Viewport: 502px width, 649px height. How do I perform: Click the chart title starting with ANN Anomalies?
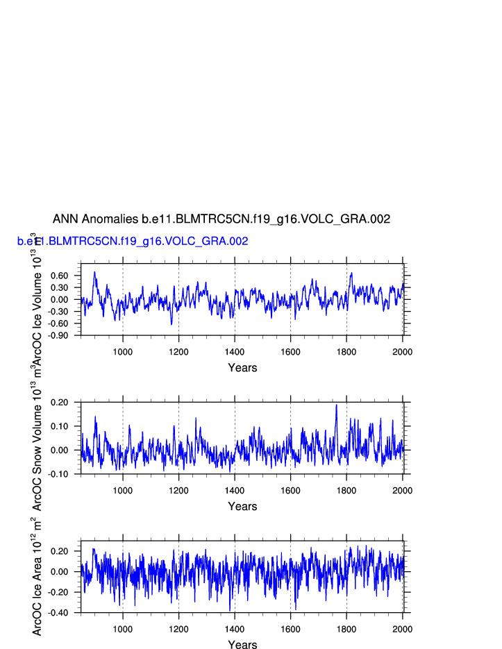221,219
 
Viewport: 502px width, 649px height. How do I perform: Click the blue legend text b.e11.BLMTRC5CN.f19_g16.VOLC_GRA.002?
133,242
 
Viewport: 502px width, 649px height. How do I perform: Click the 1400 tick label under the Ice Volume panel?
235,352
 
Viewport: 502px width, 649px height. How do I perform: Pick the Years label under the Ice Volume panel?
242,368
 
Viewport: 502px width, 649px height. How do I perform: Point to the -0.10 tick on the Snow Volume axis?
66,474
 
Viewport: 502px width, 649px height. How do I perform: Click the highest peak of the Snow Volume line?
337,405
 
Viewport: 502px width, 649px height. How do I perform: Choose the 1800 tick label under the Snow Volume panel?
346,491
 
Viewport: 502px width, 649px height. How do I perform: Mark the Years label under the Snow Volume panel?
242,507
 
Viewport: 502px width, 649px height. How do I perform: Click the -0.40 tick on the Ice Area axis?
66,613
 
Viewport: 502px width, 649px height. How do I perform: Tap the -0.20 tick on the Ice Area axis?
66,592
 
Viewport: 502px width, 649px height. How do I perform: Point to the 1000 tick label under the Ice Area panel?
123,630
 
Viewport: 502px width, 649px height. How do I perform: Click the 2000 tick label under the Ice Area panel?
403,630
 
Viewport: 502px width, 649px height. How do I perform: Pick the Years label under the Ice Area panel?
242,645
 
